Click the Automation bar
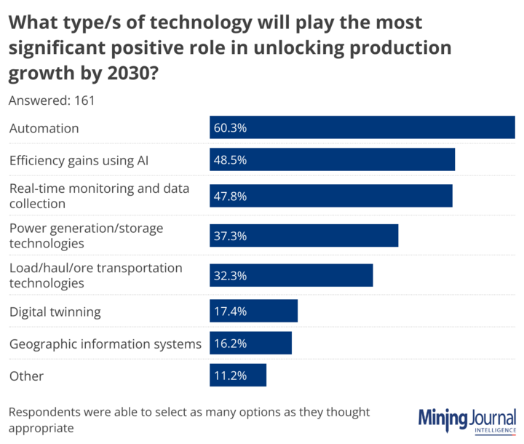click(x=362, y=127)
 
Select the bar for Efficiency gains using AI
click(x=332, y=160)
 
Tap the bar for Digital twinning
click(x=253, y=311)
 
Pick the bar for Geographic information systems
click(x=250, y=343)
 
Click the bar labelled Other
click(x=238, y=376)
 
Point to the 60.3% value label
click(x=230, y=127)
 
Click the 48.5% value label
click(x=230, y=160)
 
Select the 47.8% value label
click(x=230, y=196)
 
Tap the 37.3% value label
click(x=230, y=236)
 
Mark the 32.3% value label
click(x=230, y=276)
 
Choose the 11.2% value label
click(x=230, y=376)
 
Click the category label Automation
click(x=44, y=128)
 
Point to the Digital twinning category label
click(x=55, y=312)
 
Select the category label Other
click(x=26, y=376)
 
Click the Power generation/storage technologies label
click(x=86, y=235)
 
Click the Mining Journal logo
click(x=467, y=420)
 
